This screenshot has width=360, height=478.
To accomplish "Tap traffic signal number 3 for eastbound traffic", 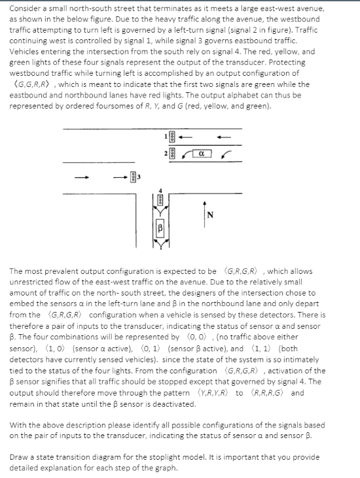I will (x=133, y=176).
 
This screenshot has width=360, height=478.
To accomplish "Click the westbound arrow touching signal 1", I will (x=187, y=137).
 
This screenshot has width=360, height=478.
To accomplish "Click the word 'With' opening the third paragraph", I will (x=18, y=424).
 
